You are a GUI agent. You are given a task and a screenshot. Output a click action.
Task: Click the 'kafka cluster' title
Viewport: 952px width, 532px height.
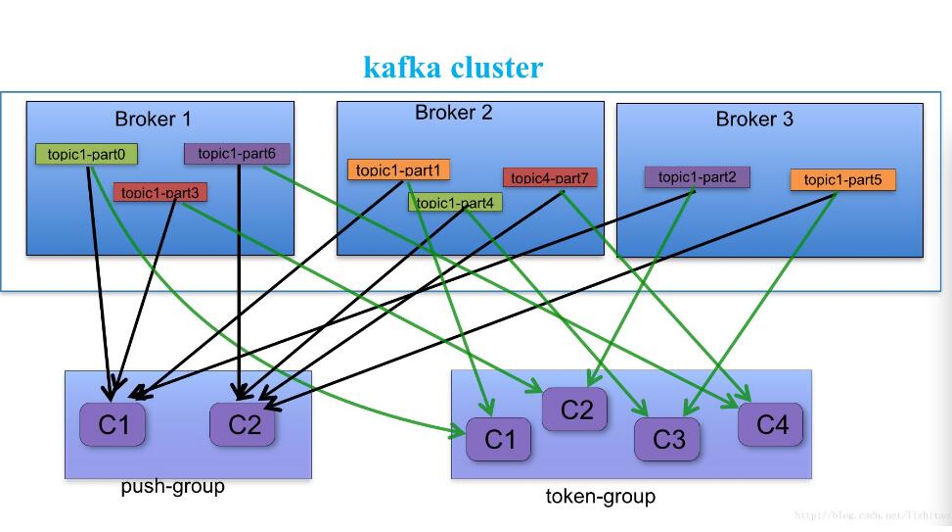click(453, 68)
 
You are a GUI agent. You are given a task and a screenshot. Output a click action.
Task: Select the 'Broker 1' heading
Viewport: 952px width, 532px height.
click(153, 120)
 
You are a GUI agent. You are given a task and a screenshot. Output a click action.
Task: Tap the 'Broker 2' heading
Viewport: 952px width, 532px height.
click(453, 113)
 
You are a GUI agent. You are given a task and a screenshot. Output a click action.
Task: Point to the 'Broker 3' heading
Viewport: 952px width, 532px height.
click(754, 120)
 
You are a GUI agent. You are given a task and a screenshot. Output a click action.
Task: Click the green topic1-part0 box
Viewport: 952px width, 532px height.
click(87, 154)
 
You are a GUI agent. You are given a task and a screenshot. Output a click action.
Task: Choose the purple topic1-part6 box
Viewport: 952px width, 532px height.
click(237, 153)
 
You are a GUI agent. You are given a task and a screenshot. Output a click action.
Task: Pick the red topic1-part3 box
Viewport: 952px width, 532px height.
click(159, 193)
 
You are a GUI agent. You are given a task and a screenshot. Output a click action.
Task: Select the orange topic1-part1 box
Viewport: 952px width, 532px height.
click(398, 169)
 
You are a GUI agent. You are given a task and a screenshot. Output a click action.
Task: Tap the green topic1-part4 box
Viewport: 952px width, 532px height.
click(455, 203)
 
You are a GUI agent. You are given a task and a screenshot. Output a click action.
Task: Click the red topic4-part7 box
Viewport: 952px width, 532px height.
click(549, 177)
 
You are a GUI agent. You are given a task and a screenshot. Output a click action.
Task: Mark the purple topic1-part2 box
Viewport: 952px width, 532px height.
click(697, 177)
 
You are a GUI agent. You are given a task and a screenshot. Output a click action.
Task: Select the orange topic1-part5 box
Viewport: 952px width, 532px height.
click(842, 180)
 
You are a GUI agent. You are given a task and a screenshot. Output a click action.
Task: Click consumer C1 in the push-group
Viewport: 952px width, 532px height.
click(113, 424)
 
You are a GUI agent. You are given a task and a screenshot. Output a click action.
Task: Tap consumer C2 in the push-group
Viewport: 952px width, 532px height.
click(244, 424)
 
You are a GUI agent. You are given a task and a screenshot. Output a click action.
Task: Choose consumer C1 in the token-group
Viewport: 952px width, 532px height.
click(499, 440)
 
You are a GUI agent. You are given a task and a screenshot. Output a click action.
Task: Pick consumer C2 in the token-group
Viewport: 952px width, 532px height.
click(575, 410)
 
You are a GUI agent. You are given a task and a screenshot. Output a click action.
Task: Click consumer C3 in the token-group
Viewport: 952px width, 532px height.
click(667, 440)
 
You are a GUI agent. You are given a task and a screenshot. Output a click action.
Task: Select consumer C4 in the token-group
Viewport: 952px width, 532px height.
click(770, 425)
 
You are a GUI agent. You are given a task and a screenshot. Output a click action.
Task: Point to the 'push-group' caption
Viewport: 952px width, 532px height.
click(173, 487)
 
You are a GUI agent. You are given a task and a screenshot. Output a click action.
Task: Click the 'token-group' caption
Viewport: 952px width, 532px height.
click(600, 497)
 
